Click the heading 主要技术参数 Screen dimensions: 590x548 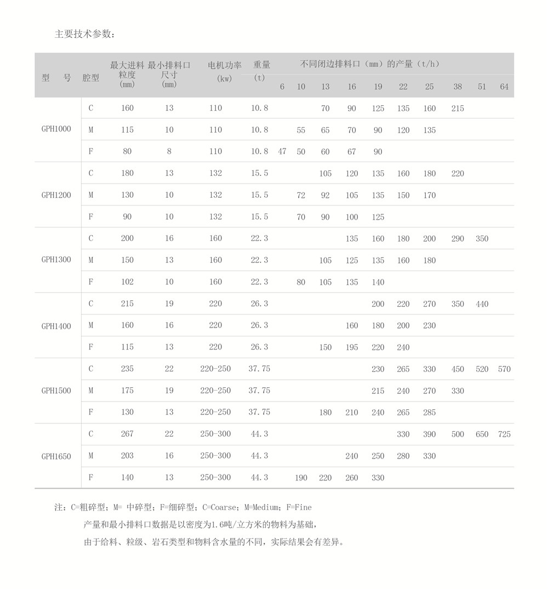(85, 34)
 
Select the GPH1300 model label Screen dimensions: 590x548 (56, 260)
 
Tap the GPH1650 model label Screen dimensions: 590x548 (56, 456)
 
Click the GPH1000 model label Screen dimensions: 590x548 (56, 129)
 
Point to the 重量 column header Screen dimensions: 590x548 (261, 65)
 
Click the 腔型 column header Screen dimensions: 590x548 (91, 78)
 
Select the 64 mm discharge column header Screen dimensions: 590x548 (504, 87)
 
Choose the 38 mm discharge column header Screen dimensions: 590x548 (458, 87)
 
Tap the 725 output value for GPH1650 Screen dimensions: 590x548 (504, 434)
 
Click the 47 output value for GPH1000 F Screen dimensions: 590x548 (282, 152)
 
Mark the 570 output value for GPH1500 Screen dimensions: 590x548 (504, 369)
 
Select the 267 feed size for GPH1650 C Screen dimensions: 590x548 (127, 434)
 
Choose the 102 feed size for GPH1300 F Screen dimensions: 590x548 (127, 282)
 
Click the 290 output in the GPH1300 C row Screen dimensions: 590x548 (458, 239)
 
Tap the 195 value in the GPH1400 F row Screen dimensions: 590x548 (352, 347)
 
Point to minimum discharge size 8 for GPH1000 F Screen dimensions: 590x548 (169, 152)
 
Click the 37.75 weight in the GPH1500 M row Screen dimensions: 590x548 (259, 391)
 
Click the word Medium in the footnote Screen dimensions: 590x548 (262, 508)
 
